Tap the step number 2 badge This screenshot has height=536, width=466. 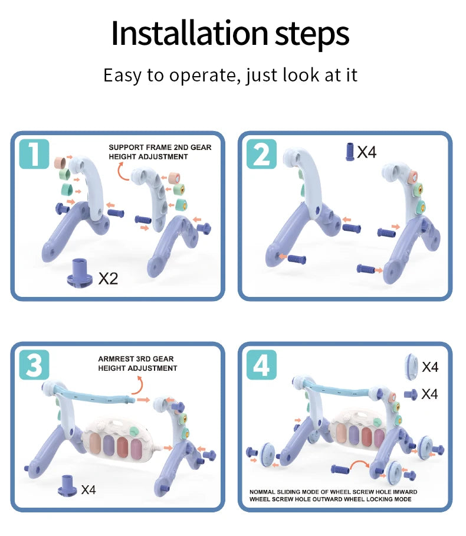(261, 155)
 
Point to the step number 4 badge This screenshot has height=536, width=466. (261, 366)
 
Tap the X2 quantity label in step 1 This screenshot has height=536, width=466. (108, 278)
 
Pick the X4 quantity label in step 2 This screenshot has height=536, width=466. (367, 152)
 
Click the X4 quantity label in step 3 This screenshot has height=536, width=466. (88, 489)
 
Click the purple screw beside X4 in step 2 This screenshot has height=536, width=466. (349, 152)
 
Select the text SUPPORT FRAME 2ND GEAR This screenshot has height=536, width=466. (159, 147)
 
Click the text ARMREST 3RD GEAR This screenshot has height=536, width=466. (136, 359)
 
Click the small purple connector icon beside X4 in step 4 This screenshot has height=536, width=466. (411, 394)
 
